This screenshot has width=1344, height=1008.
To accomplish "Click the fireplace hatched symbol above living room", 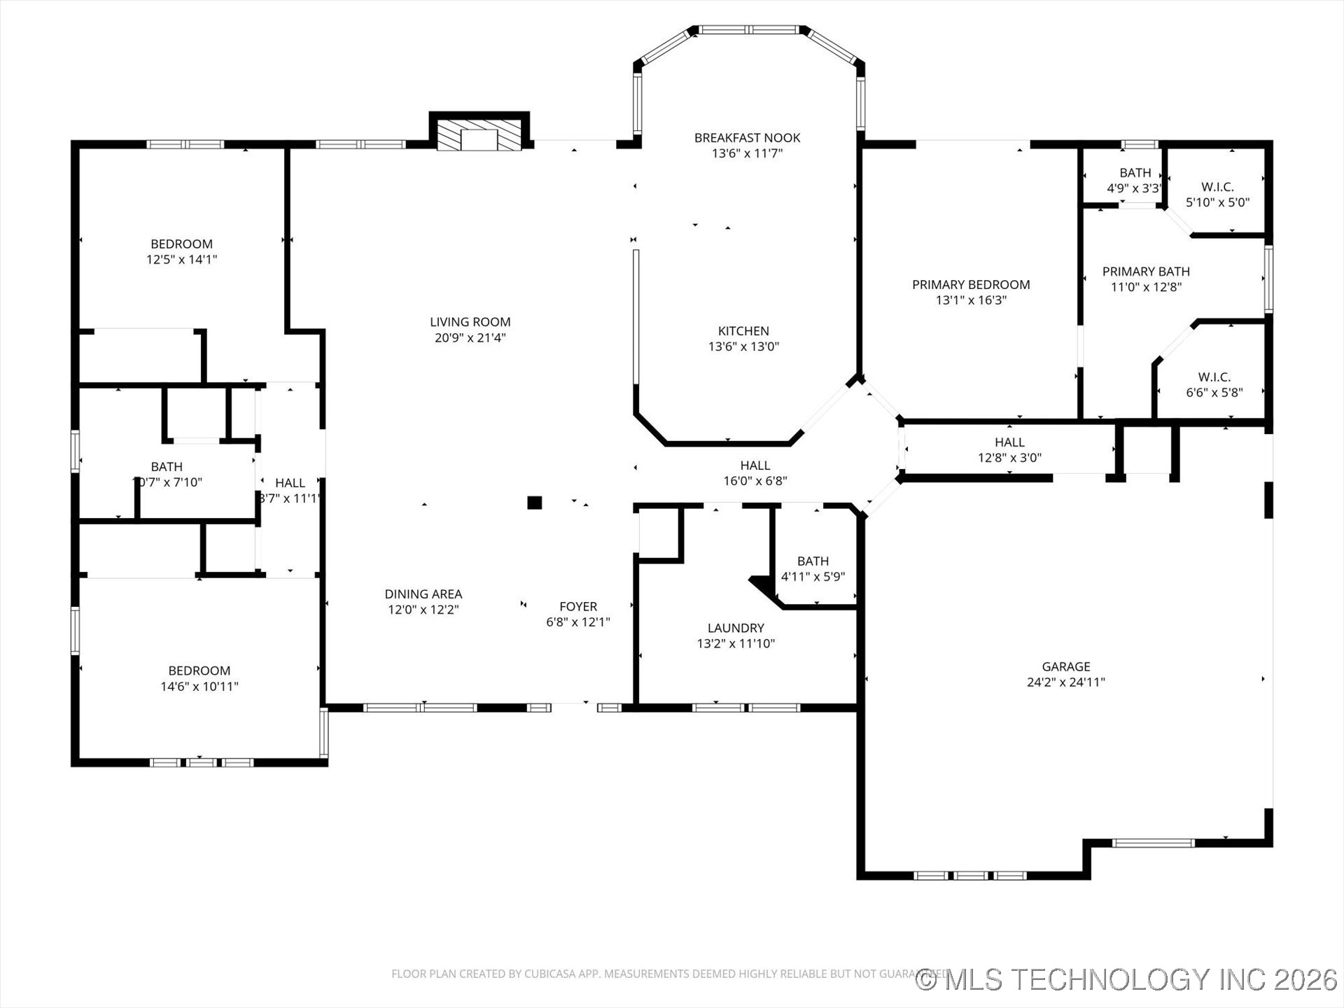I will point(479,134).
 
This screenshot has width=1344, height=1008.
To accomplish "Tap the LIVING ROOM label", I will point(470,322).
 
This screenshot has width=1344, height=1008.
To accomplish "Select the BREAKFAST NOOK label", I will point(747,138).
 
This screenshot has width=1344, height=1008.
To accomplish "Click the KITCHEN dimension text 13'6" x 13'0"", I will point(743,346).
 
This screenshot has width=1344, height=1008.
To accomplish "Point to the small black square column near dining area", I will point(534,502).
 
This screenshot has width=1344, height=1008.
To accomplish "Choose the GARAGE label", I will point(1065,666).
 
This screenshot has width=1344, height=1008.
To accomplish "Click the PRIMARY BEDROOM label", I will point(970,284).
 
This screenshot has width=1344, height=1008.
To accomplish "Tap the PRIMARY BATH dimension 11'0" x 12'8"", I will point(1146,287).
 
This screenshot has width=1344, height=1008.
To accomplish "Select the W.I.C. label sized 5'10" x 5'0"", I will point(1217,187).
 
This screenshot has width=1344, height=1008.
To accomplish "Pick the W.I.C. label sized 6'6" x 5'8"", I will point(1214,377).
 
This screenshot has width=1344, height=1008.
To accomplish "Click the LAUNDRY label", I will point(735,628).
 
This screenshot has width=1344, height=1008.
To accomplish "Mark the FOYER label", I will point(577,606).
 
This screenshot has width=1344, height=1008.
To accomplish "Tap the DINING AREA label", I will point(423,594).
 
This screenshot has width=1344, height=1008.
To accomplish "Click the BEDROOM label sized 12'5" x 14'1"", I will point(181,244).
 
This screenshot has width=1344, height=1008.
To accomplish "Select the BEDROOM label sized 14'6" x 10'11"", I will point(199,671).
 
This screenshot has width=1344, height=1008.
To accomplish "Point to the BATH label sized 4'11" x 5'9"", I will point(813,561).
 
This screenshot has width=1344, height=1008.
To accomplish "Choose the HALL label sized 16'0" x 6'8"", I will point(755,465).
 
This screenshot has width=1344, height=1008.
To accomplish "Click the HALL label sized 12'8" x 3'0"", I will point(1009,442).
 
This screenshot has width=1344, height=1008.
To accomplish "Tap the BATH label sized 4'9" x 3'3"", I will point(1135,173).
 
